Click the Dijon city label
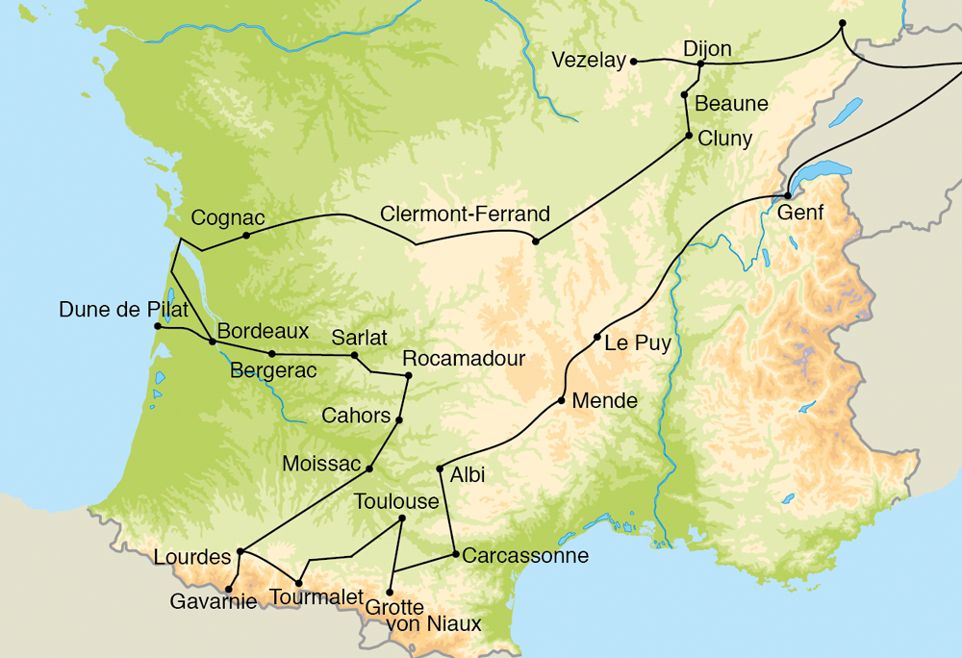pyautogui.click(x=707, y=49)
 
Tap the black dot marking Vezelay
pyautogui.click(x=634, y=62)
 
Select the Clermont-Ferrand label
pyautogui.click(x=465, y=214)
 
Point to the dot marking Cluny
pyautogui.click(x=689, y=136)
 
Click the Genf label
pyautogui.click(x=801, y=213)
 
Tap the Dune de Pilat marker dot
pyautogui.click(x=158, y=326)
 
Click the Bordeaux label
pyautogui.click(x=263, y=331)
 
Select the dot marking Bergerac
pyautogui.click(x=272, y=354)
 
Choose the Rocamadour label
pyautogui.click(x=464, y=358)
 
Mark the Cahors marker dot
pyautogui.click(x=398, y=419)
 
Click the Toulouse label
pyautogui.click(x=396, y=501)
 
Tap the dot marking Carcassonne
pyautogui.click(x=455, y=554)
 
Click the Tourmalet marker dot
pyautogui.click(x=298, y=583)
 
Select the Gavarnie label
pyautogui.click(x=213, y=602)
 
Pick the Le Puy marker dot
pyautogui.click(x=597, y=337)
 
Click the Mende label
pyautogui.click(x=604, y=401)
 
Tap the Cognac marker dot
pyautogui.click(x=246, y=235)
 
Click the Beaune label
pyautogui.click(x=731, y=103)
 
